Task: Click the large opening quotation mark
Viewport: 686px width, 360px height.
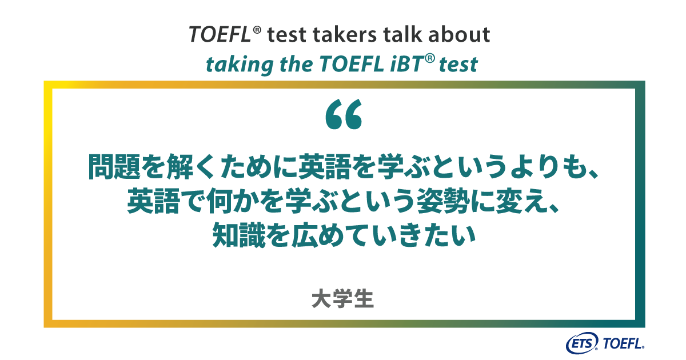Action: (344, 114)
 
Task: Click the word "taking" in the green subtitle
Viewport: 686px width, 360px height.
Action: (240, 65)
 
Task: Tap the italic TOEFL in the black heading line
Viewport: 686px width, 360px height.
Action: (220, 34)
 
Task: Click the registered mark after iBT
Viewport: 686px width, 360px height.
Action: (430, 58)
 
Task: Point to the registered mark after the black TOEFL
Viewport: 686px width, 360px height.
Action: (257, 30)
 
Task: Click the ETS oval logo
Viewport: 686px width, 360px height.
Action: (581, 343)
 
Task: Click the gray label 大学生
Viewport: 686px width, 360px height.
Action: (342, 298)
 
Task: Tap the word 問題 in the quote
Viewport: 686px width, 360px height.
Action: (114, 166)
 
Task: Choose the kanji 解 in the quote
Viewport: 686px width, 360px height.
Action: (180, 166)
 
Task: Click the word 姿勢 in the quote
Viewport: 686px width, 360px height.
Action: (444, 201)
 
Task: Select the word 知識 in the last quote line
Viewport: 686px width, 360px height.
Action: (239, 235)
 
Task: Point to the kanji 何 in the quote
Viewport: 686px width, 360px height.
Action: (220, 201)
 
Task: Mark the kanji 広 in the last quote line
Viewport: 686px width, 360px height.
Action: (305, 235)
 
